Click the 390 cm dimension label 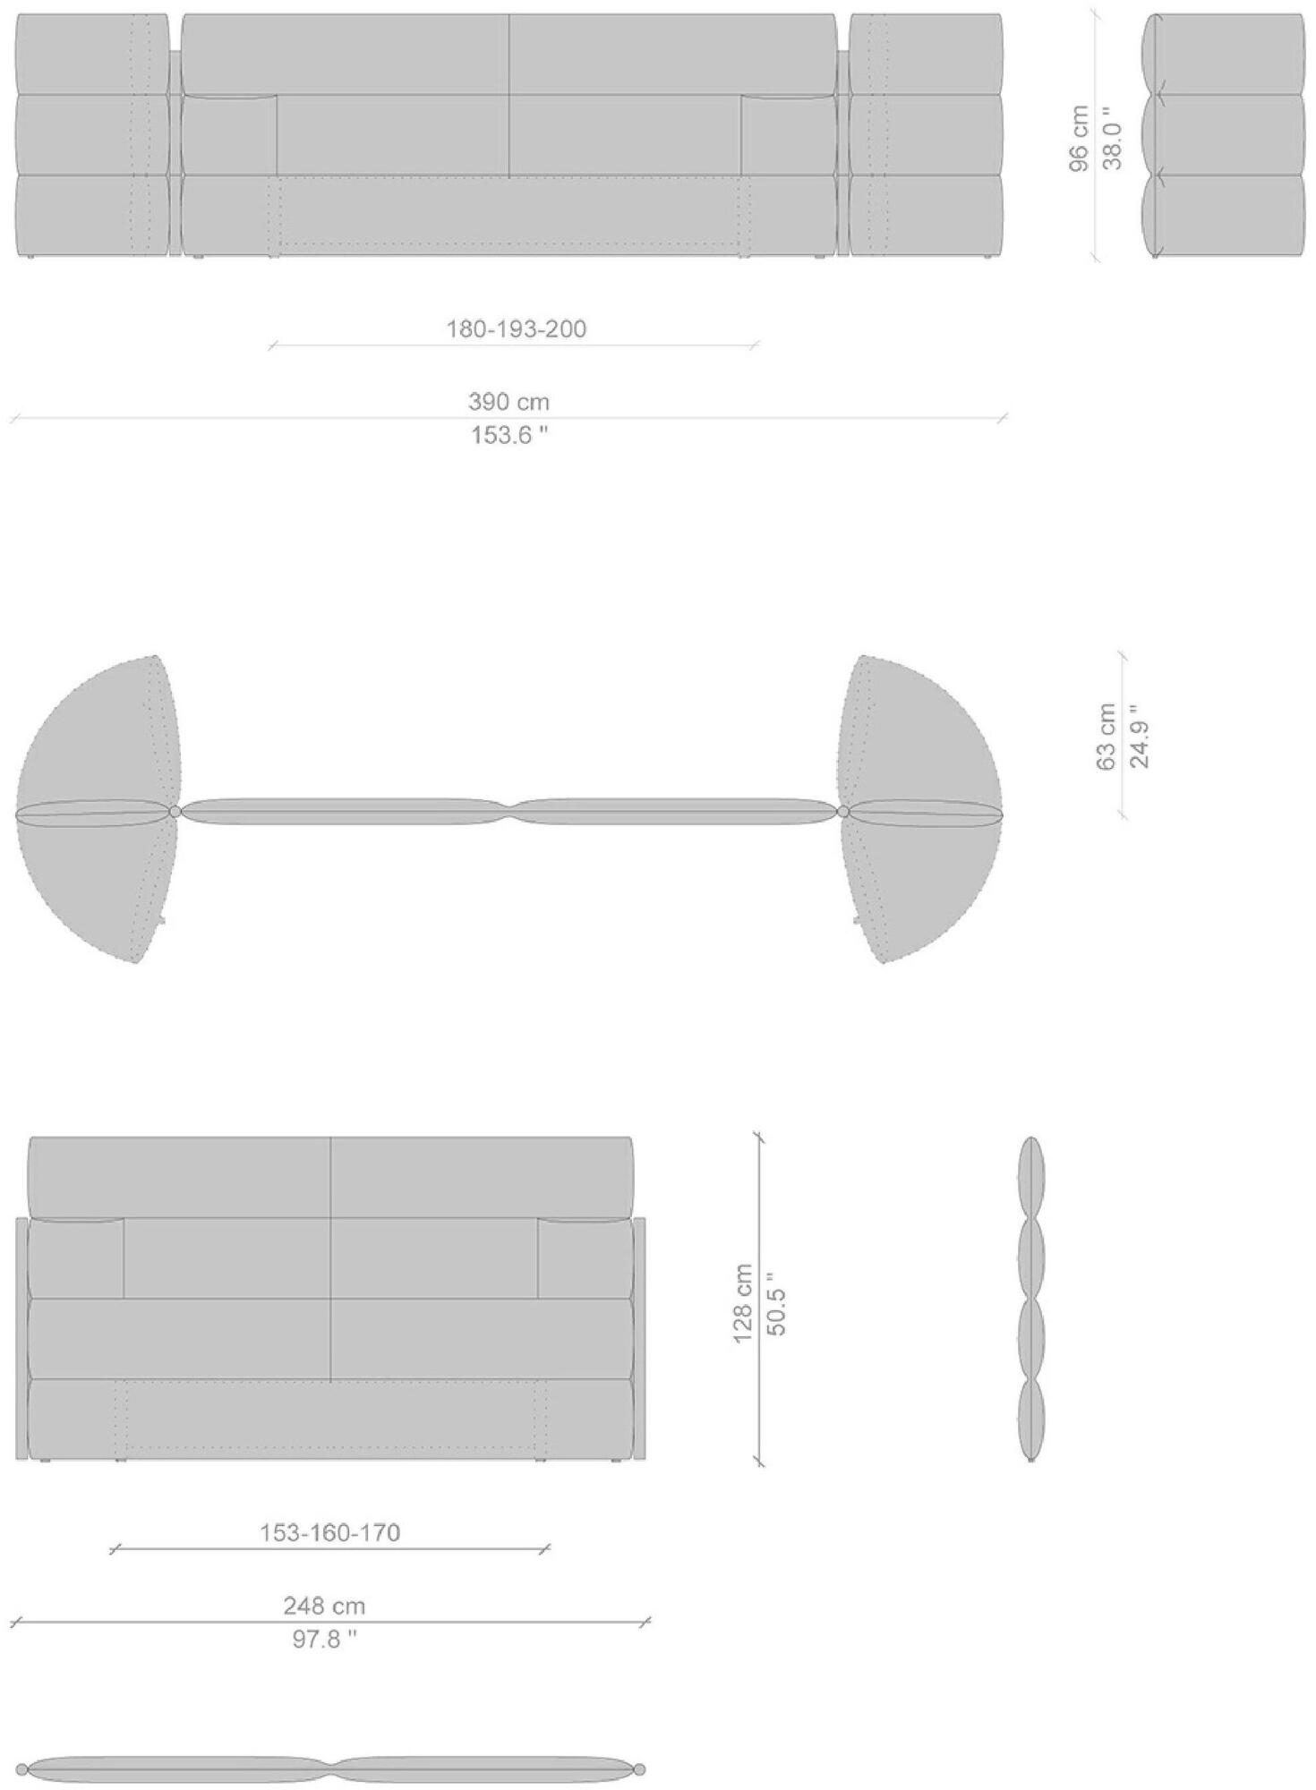pos(508,402)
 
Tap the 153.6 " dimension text pos(508,436)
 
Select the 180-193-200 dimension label pos(517,328)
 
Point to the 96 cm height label pos(1080,137)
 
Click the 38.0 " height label pos(1111,137)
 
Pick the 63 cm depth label pos(1107,737)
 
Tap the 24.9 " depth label pos(1140,737)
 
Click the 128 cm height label pos(743,1303)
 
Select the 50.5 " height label pos(777,1303)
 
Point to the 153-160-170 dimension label pos(329,1533)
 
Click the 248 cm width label pos(324,1606)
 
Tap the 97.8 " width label pos(322,1640)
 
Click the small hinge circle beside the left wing pos(175,811)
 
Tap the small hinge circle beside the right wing pos(843,811)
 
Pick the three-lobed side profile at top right pos(1223,136)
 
